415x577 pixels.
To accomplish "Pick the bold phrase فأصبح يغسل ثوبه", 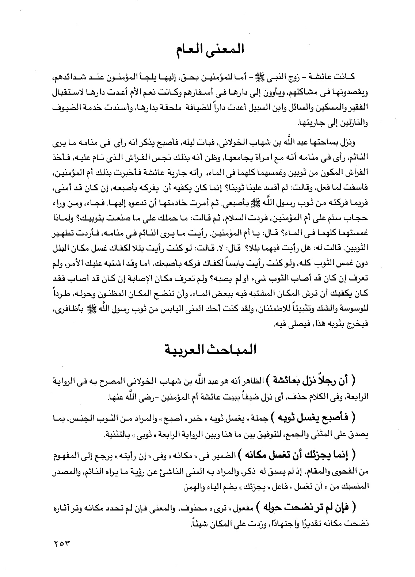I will click(x=316, y=417).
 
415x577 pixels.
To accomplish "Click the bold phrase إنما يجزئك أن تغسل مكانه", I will click(x=298, y=454).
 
